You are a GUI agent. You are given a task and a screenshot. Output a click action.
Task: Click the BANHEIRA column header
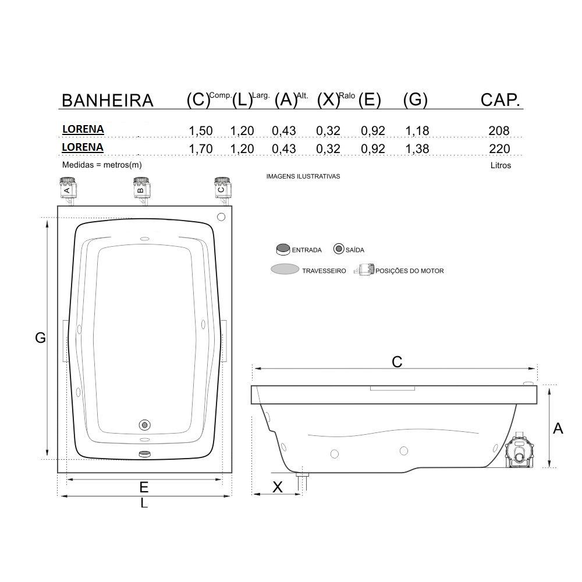point(107,101)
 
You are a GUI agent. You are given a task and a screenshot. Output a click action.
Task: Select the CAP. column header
point(501,100)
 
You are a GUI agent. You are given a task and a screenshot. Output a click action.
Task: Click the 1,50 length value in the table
point(200,130)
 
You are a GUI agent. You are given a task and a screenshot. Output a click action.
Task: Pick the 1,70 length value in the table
point(200,148)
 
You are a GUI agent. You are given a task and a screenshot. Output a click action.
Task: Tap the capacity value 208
point(499,130)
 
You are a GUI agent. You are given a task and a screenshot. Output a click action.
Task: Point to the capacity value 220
point(499,148)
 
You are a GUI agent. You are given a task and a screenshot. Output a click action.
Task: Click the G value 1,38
point(417,148)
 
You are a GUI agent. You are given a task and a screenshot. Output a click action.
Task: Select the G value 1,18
point(417,130)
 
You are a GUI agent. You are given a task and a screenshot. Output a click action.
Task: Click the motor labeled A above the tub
point(68,191)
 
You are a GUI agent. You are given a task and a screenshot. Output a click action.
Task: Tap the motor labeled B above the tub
point(141,191)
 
